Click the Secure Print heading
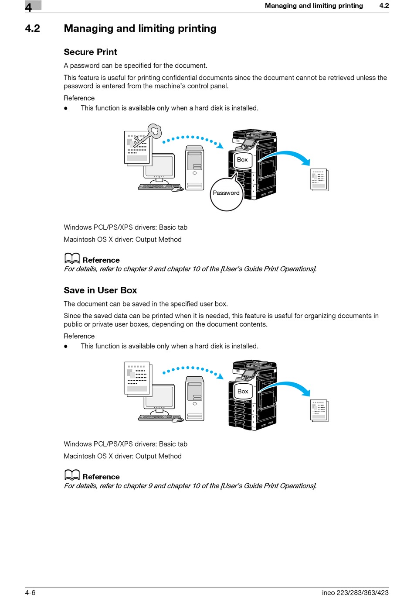pos(90,52)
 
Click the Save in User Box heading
pos(100,290)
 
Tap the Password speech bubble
pos(226,193)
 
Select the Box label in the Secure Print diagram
pos(242,160)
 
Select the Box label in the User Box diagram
pos(243,391)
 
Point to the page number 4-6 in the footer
pos(30,592)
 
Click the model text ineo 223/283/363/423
pos(355,592)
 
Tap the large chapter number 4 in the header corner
pos(29,7)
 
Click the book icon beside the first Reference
pos(72,258)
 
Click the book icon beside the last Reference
pos(72,475)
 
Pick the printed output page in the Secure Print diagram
pos(319,180)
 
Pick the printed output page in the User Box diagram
pos(319,410)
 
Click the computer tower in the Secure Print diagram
pos(194,168)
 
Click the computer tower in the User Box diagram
pos(194,399)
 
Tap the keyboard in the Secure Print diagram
pos(155,187)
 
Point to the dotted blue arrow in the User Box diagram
pos(192,369)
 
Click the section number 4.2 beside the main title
pos(33,29)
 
